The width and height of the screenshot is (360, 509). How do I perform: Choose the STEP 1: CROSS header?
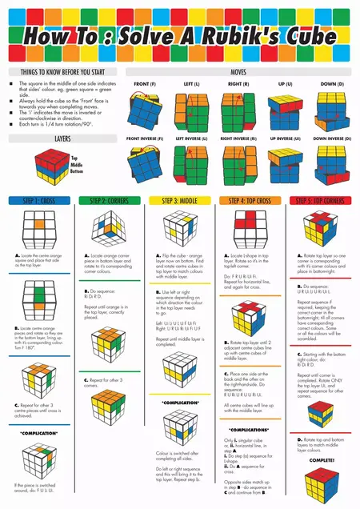39,200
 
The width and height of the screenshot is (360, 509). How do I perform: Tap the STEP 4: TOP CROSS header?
250,200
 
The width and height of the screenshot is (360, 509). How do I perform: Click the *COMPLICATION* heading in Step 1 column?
38,433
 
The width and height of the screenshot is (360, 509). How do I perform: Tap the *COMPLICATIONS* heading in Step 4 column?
250,429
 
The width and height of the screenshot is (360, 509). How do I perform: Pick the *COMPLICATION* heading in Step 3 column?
179,402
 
